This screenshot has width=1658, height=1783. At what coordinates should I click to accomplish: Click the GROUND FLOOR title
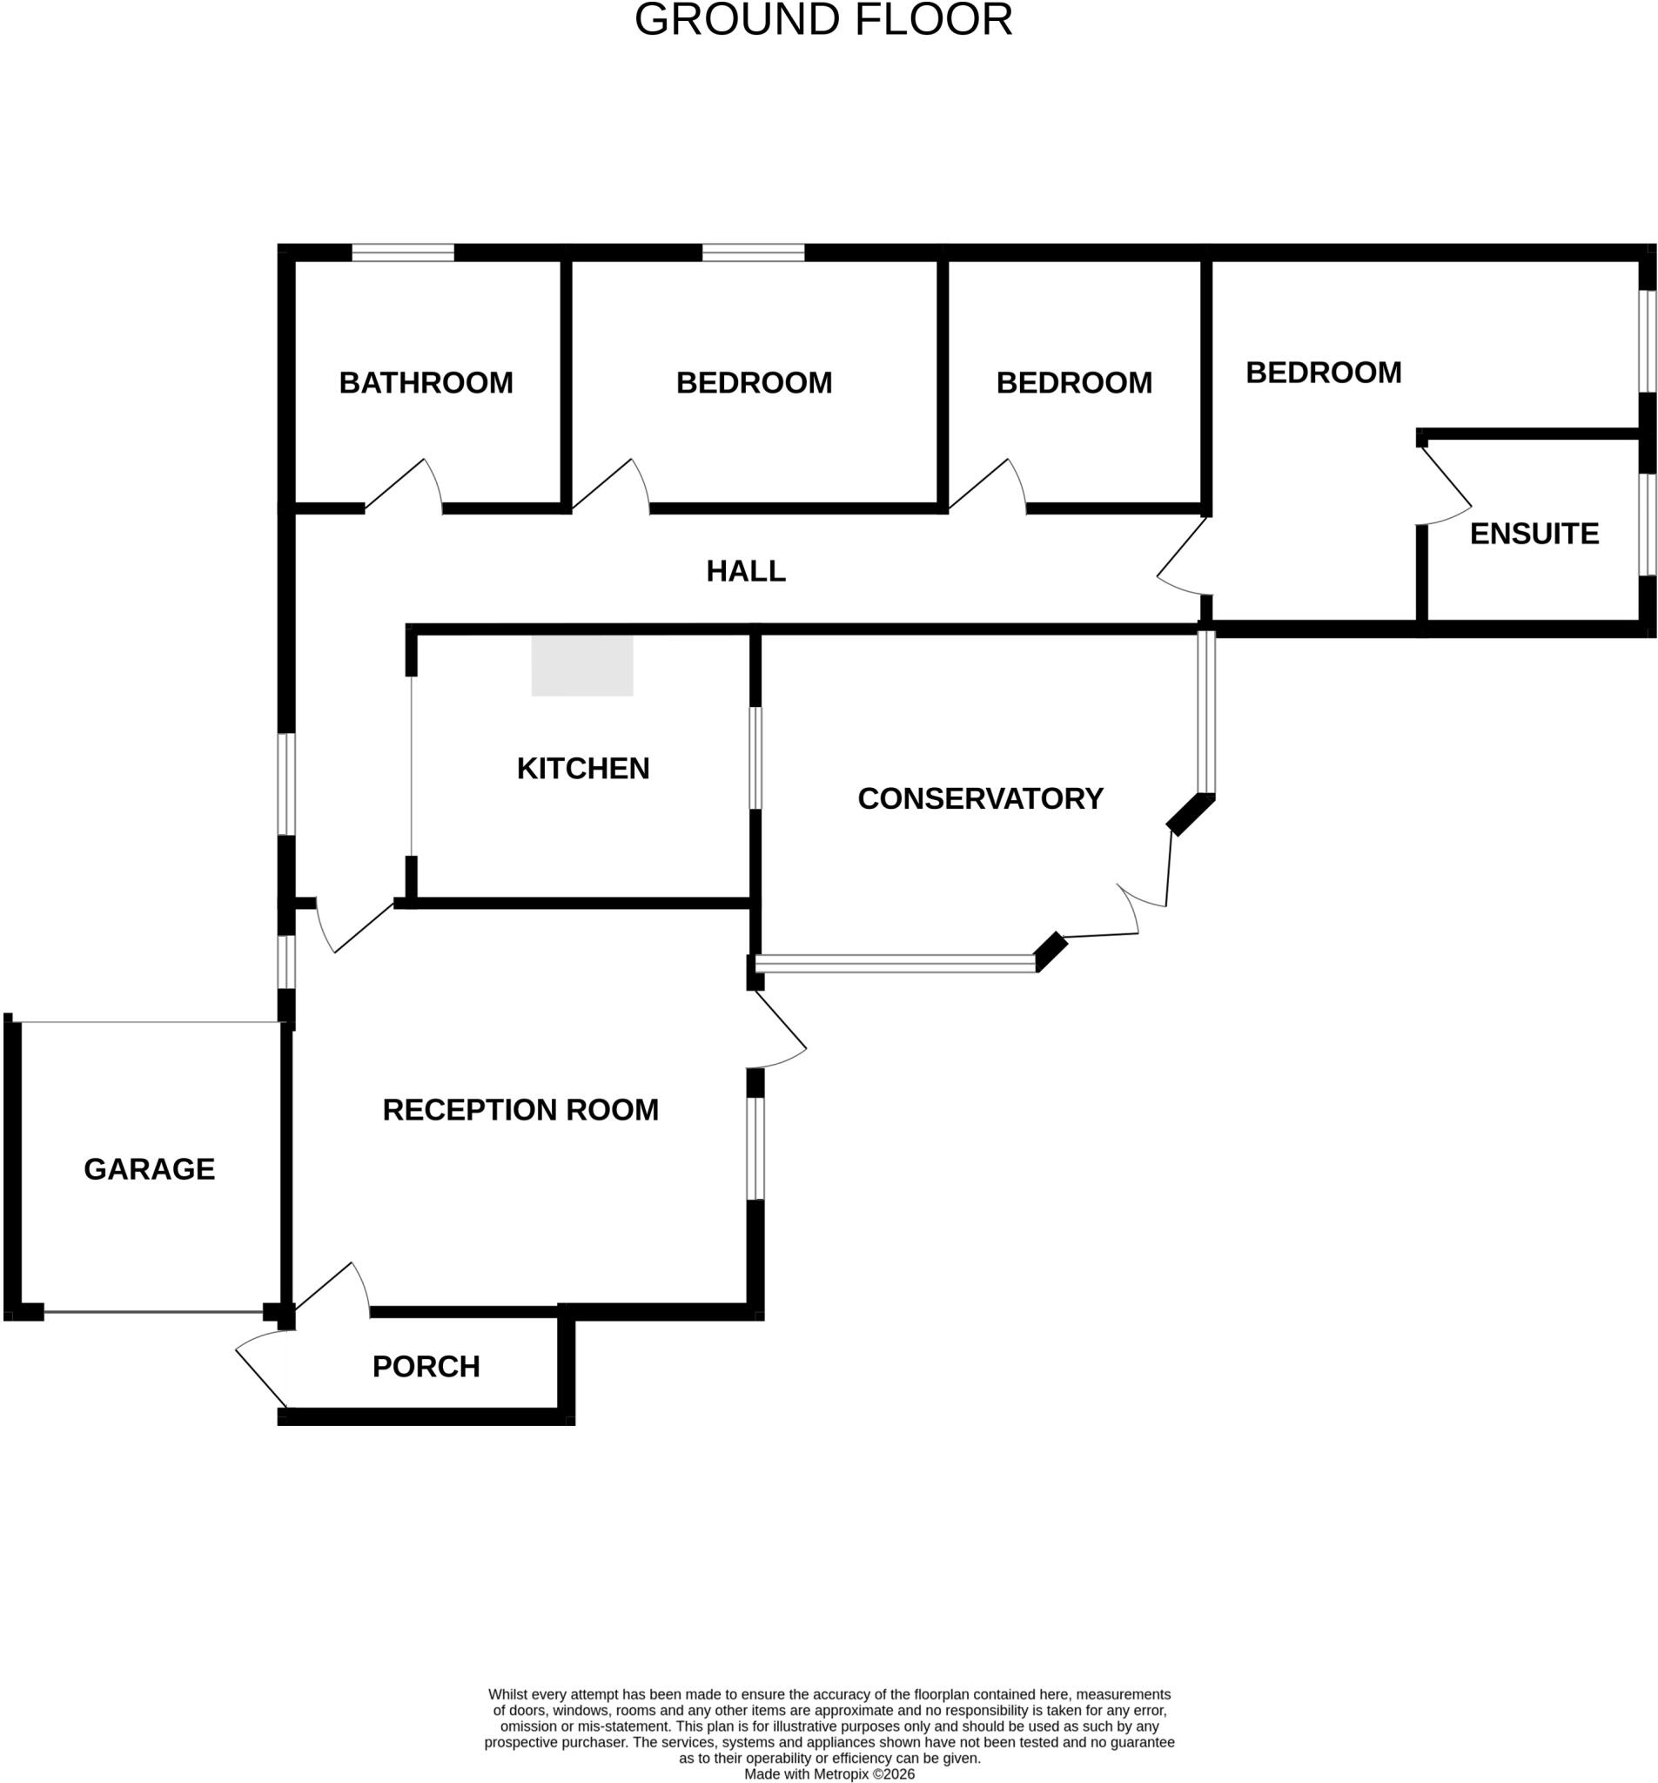point(823,20)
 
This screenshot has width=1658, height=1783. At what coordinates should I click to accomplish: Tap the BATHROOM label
point(426,383)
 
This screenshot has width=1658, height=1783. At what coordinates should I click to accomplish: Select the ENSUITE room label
point(1534,534)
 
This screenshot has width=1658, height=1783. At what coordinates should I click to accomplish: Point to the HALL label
point(746,570)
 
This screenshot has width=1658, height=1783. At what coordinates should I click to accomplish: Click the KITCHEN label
point(583,769)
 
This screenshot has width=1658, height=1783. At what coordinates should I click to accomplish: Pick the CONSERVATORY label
point(980,798)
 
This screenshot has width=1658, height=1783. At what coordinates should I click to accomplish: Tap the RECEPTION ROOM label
point(520,1109)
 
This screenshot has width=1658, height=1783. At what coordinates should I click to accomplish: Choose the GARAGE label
point(150,1168)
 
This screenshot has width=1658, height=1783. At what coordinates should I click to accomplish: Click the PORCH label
point(426,1366)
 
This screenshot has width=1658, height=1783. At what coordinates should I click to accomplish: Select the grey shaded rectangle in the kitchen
point(582,665)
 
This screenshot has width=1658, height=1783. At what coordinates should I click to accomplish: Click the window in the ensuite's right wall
point(1648,524)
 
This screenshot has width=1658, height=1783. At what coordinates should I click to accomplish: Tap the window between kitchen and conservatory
point(756,758)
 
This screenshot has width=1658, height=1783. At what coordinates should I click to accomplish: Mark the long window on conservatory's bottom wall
point(895,964)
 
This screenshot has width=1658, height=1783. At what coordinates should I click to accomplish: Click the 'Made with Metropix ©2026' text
point(829,1774)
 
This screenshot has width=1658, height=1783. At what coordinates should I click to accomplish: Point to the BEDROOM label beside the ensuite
point(1324,373)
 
